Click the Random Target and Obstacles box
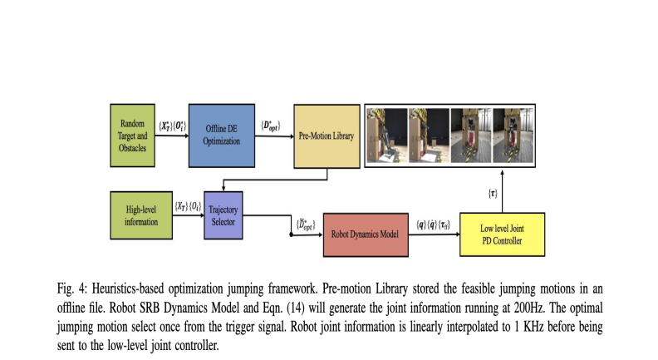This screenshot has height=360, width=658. click(134, 130)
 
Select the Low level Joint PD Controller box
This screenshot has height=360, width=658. click(500, 234)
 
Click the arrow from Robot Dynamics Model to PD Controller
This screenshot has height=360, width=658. click(433, 235)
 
